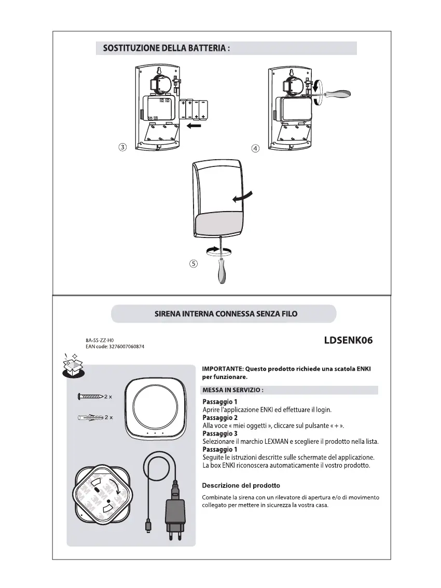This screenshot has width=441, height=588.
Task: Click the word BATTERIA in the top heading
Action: [200, 48]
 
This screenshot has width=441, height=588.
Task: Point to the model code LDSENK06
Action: [348, 341]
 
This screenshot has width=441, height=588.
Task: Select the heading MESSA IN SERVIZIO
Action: [233, 390]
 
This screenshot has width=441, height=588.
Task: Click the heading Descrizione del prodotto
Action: [241, 485]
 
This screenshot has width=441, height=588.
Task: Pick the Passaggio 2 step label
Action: [220, 417]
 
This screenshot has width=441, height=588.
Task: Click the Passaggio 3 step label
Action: [220, 433]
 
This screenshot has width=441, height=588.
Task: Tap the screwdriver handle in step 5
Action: [221, 273]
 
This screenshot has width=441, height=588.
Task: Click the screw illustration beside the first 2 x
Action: [90, 397]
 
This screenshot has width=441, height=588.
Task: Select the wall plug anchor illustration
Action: [90, 417]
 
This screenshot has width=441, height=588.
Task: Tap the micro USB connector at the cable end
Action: [148, 526]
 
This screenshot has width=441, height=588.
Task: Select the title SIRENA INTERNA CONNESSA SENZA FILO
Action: [226, 314]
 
